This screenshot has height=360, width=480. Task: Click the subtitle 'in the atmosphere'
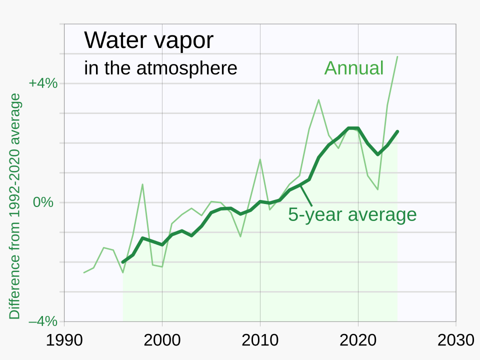coord(160,68)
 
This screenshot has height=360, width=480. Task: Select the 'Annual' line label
coord(354,68)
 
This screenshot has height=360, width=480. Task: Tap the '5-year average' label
coord(352,214)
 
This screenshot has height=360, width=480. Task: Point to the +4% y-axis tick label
coord(43,83)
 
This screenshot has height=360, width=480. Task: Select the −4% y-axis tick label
coord(43,321)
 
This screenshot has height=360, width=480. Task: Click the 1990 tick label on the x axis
coord(64,340)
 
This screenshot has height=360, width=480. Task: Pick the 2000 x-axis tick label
coord(162,340)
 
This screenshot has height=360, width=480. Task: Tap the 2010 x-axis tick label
coord(260,340)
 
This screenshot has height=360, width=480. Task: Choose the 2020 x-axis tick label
coord(358,340)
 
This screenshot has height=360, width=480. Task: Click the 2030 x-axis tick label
coord(455,340)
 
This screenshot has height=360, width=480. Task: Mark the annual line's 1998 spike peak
coord(142,184)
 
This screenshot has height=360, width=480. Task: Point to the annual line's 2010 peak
coord(260,159)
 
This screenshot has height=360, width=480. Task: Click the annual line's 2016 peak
coord(318,99)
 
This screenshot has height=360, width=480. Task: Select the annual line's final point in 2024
coord(397,56)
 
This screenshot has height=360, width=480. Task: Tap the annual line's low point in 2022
coord(377,189)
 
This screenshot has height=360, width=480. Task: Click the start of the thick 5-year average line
coord(123,262)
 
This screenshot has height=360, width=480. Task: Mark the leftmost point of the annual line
coord(84,272)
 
